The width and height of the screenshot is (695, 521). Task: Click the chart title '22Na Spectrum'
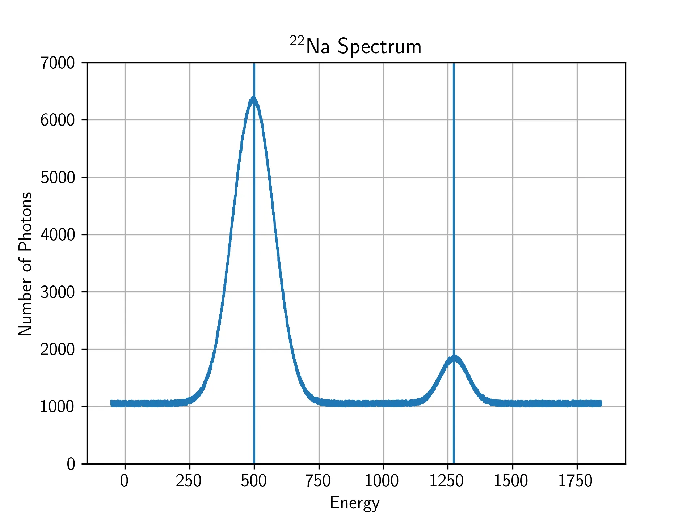[356, 46]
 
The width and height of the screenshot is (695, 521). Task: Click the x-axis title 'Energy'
[354, 503]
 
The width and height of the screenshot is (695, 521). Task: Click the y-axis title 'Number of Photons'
[25, 263]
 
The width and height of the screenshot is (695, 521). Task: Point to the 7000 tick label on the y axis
[58, 63]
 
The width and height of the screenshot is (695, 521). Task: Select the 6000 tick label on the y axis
[58, 120]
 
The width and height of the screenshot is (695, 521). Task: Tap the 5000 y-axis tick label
[58, 177]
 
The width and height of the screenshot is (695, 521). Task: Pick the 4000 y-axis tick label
[58, 235]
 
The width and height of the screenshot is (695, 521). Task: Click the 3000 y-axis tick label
[58, 292]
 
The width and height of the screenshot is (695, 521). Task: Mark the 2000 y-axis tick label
[58, 349]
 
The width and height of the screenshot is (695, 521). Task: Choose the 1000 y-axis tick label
[58, 407]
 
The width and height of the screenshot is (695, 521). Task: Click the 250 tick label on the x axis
[189, 481]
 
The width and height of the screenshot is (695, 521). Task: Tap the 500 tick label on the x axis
[254, 481]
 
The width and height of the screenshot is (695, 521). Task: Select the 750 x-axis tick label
[318, 481]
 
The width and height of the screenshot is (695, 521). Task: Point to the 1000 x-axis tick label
[382, 481]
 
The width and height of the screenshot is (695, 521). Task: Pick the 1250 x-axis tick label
[446, 481]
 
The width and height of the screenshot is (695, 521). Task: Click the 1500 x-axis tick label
[511, 481]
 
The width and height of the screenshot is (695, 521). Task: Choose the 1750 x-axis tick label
[576, 481]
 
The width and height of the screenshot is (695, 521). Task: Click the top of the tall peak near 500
[253, 98]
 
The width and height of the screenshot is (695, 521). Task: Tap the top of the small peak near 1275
[454, 358]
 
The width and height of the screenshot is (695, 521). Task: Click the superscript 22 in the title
[297, 41]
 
